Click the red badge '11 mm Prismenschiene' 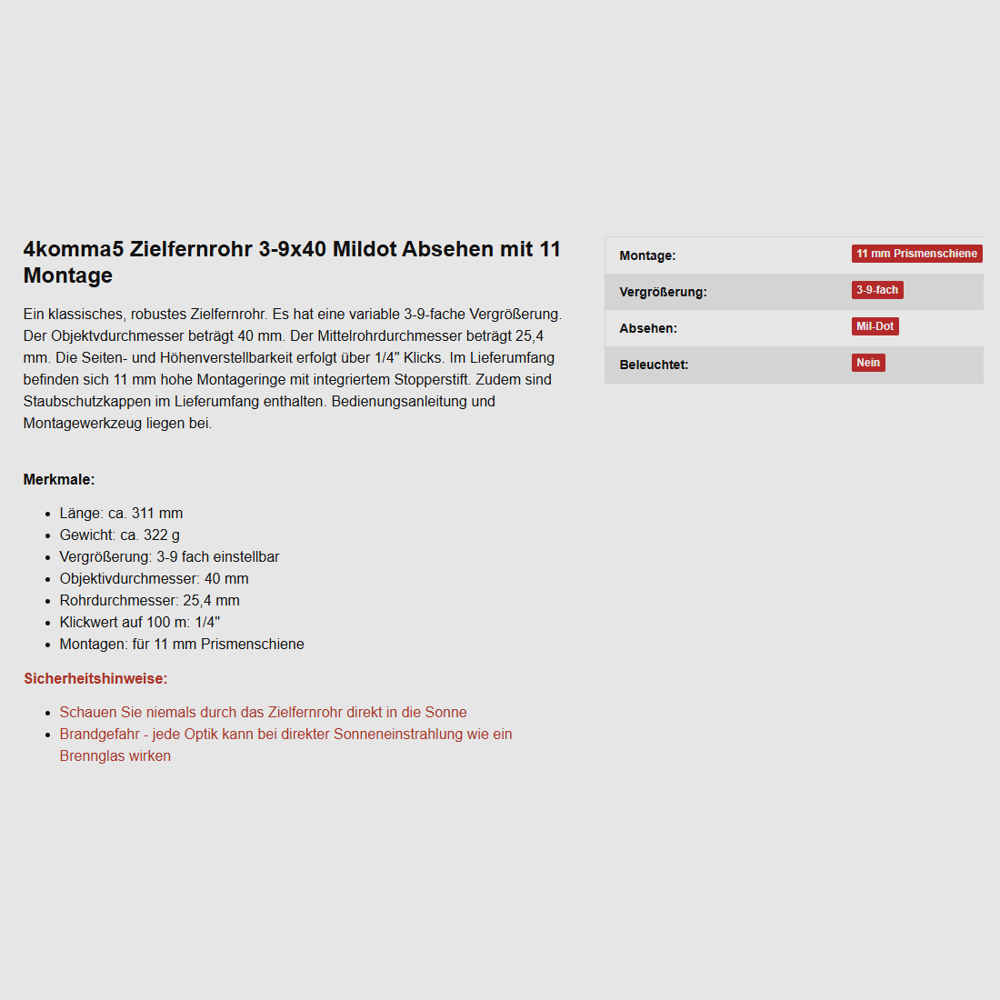tap(916, 254)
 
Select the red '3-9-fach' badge tap(877, 290)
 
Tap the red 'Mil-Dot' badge tap(875, 326)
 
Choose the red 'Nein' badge tap(868, 363)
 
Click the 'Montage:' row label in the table tap(647, 255)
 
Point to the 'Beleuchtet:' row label tap(654, 365)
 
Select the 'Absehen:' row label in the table tap(648, 328)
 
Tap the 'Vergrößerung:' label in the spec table tap(663, 292)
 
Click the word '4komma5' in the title tap(74, 249)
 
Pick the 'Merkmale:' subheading tap(59, 479)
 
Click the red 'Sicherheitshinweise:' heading tap(95, 678)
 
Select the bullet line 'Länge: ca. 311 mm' tap(121, 513)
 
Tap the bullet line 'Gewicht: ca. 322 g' tap(120, 535)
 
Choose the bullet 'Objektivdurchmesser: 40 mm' tap(154, 578)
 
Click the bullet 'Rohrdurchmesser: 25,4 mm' tap(149, 600)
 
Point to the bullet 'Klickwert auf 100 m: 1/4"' tap(140, 622)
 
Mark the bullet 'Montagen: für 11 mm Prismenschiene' tap(182, 644)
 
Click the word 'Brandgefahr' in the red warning tap(99, 734)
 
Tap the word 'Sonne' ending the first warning tap(445, 712)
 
